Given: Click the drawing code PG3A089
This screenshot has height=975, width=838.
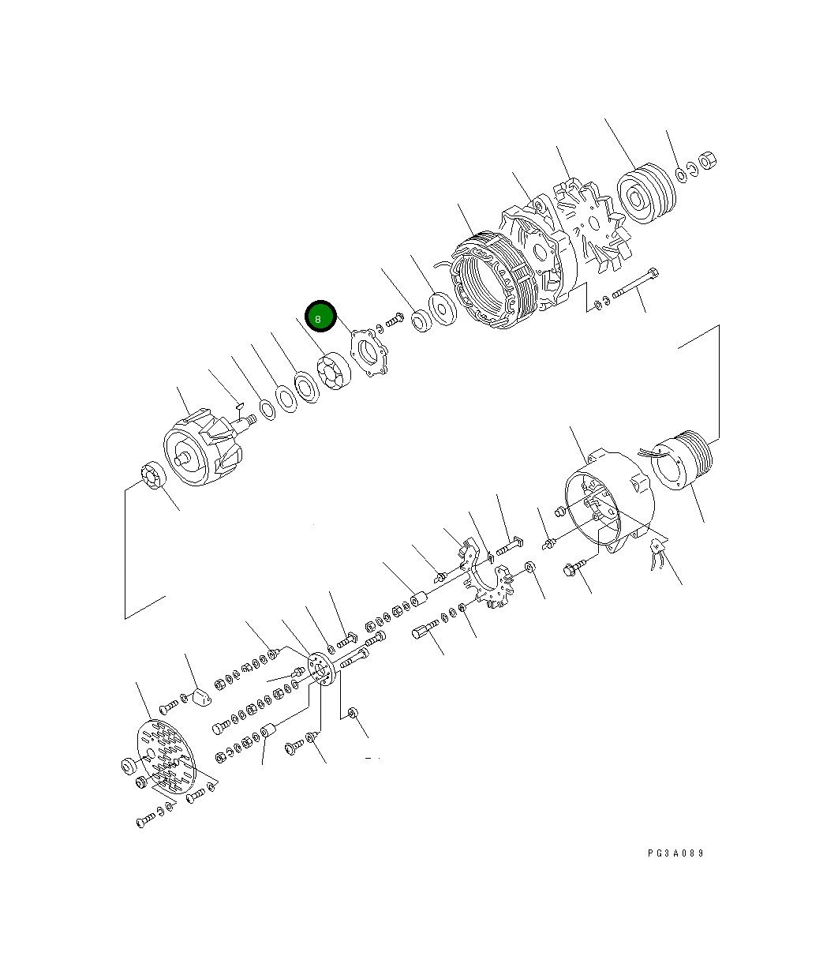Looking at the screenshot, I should (x=675, y=853).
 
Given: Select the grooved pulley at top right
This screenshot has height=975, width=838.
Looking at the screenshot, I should (x=645, y=195).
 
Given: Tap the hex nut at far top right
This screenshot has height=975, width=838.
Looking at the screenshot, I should (x=709, y=160).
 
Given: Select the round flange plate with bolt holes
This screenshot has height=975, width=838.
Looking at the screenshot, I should (x=320, y=671).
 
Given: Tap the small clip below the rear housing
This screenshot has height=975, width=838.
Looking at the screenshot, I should (x=657, y=555).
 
